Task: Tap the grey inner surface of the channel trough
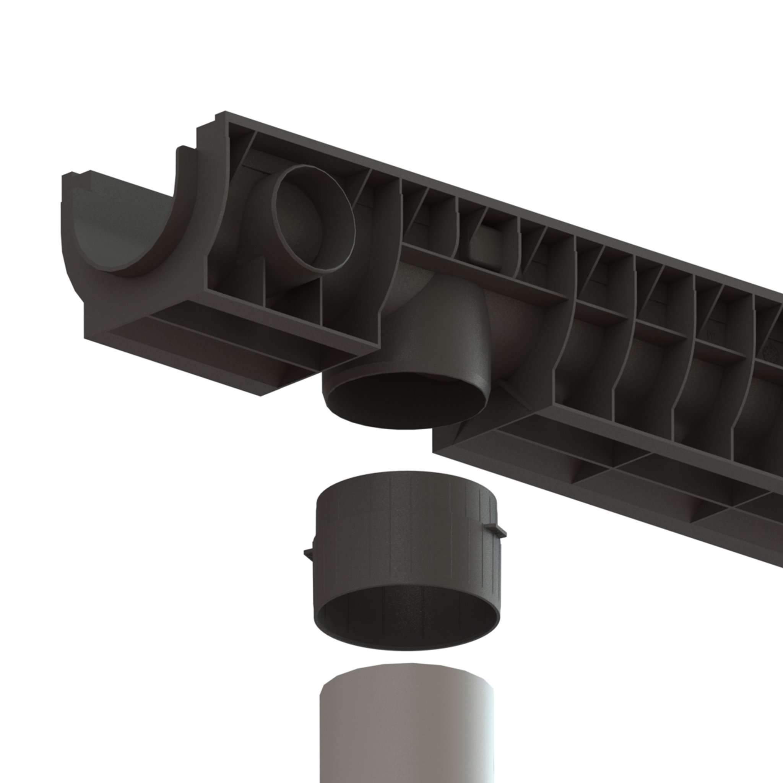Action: (x=109, y=227)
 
